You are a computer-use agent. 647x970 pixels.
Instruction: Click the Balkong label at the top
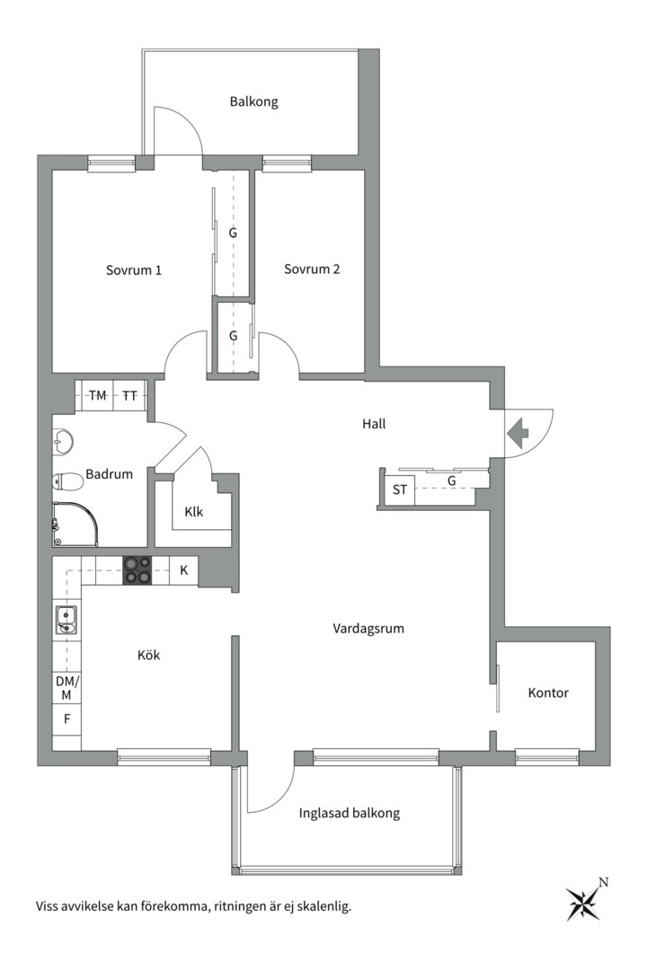pyautogui.click(x=253, y=101)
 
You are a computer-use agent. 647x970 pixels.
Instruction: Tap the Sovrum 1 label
pyautogui.click(x=134, y=269)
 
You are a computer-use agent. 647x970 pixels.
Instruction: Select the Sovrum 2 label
pyautogui.click(x=312, y=269)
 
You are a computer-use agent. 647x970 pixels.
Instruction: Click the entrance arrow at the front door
pyautogui.click(x=518, y=433)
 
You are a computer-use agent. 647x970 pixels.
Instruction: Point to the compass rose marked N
pyautogui.click(x=584, y=901)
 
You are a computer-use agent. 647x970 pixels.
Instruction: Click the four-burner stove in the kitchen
pyautogui.click(x=137, y=570)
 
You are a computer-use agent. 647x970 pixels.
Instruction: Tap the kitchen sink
pyautogui.click(x=66, y=621)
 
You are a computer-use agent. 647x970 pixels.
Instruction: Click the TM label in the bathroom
pyautogui.click(x=97, y=395)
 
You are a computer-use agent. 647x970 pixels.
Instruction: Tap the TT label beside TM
pyautogui.click(x=129, y=395)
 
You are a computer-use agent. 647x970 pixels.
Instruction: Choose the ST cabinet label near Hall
pyautogui.click(x=400, y=490)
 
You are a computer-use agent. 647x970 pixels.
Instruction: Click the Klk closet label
pyautogui.click(x=194, y=512)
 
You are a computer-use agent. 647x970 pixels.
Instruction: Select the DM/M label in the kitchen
pyautogui.click(x=67, y=688)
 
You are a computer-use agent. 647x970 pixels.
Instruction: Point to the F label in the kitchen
pyautogui.click(x=67, y=719)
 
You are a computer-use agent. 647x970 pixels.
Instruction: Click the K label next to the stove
pyautogui.click(x=184, y=570)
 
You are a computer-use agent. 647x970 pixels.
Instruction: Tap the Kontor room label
pyautogui.click(x=548, y=692)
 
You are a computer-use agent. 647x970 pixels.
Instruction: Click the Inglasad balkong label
pyautogui.click(x=350, y=813)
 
